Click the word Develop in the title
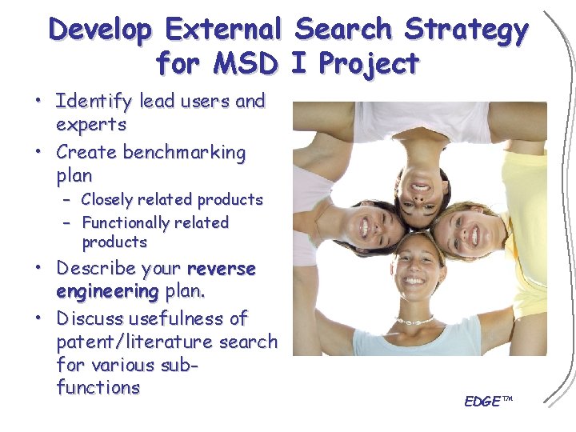[100, 30]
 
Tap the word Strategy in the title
[466, 30]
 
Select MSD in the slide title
[245, 62]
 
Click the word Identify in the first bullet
[94, 102]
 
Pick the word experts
[91, 125]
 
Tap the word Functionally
[130, 222]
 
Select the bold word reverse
[221, 269]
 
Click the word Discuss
[90, 318]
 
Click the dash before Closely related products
[68, 199]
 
